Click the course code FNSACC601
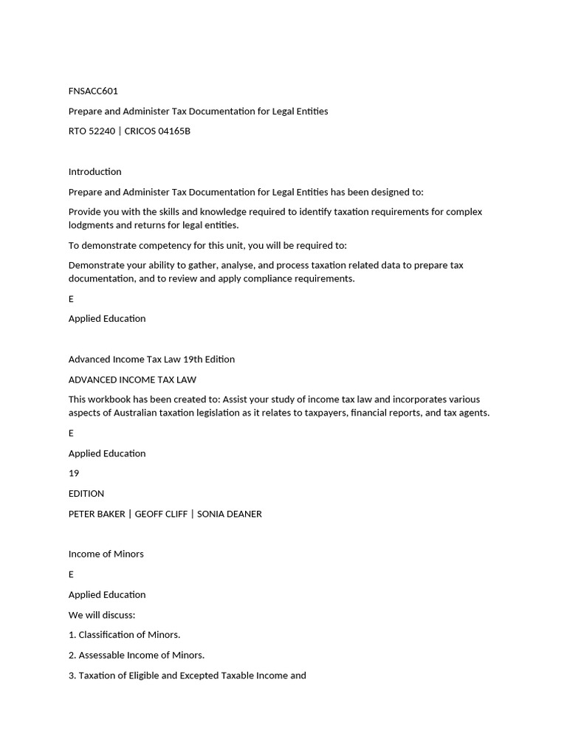(93, 91)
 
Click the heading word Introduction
(94, 171)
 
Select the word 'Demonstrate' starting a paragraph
(95, 265)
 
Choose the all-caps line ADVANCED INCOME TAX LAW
(132, 379)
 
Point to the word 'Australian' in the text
(137, 413)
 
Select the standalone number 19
(74, 472)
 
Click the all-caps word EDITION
(86, 493)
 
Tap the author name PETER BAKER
(97, 514)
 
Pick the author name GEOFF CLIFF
(161, 514)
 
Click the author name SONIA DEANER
(229, 514)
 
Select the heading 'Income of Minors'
(106, 554)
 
